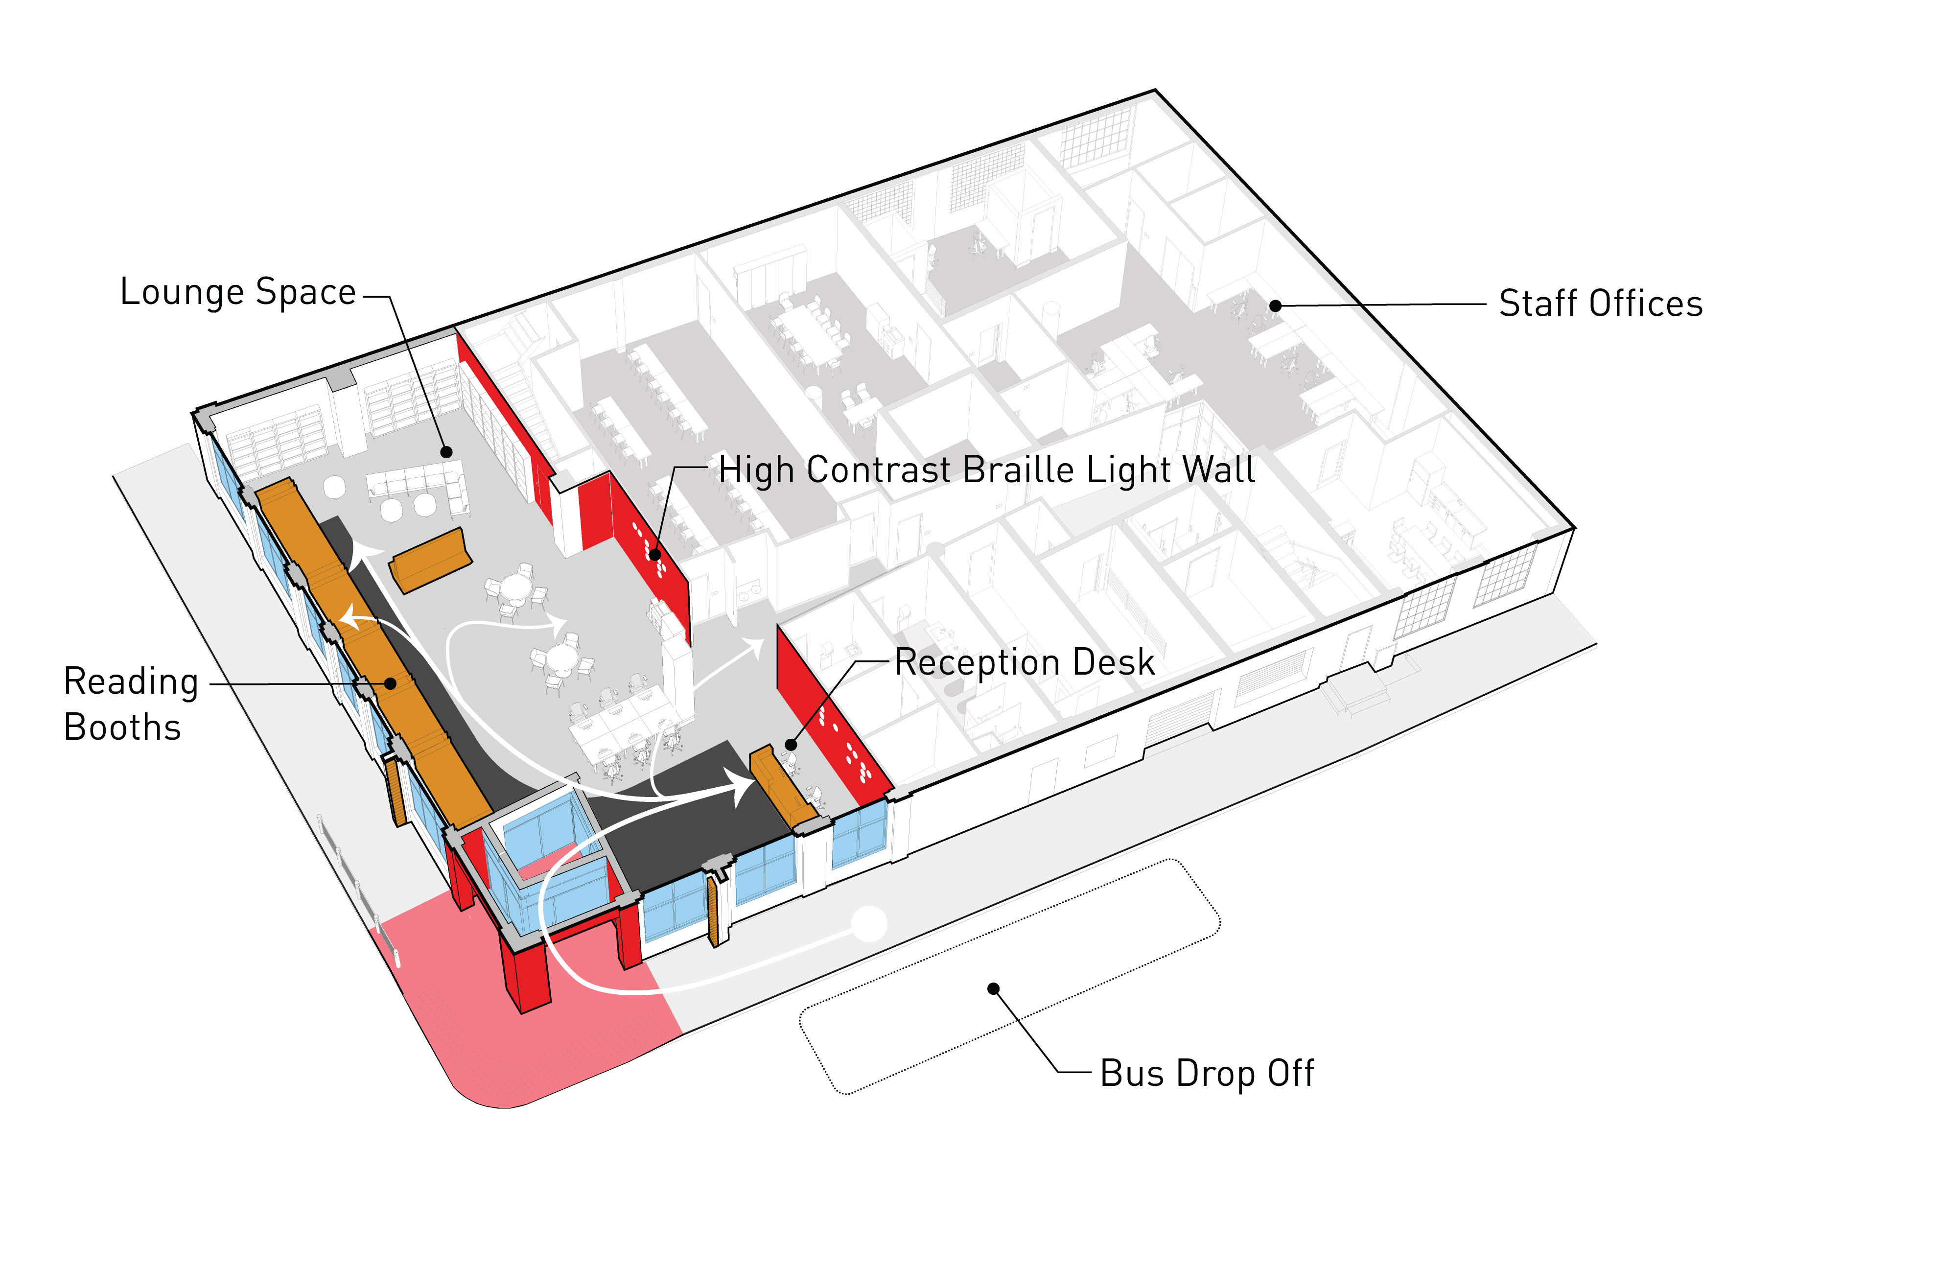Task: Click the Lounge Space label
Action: (x=238, y=293)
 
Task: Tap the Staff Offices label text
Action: (x=1600, y=304)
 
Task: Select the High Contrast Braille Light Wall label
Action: (x=986, y=470)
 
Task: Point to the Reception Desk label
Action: (x=1024, y=663)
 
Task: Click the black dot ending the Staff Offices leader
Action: (x=1275, y=306)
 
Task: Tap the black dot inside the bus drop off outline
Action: (x=994, y=988)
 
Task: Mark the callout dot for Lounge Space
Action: (x=446, y=452)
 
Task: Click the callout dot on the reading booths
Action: (x=391, y=684)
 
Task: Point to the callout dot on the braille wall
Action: (x=655, y=555)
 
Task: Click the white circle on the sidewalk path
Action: (x=869, y=924)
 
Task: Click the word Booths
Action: (x=122, y=728)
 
